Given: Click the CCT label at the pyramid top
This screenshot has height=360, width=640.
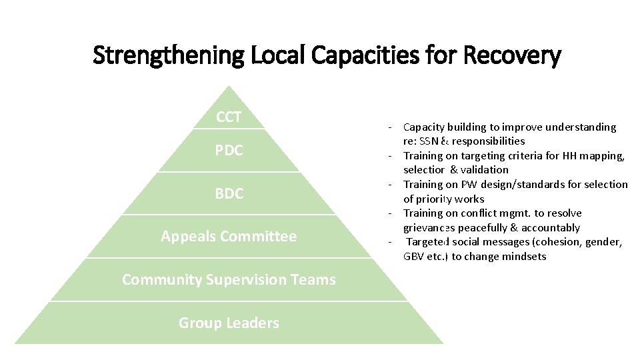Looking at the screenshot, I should pos(229,118).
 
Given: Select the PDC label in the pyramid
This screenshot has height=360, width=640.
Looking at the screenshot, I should pos(229,151).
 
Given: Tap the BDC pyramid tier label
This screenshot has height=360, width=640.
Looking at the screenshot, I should pos(229,194).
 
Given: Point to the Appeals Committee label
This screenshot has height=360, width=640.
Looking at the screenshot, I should pos(229,236).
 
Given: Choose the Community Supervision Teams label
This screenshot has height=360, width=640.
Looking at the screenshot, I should pos(229,279).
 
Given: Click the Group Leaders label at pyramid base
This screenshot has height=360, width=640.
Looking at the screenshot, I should pos(229,323).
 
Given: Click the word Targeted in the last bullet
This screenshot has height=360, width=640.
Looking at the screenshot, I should pos(429,242).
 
